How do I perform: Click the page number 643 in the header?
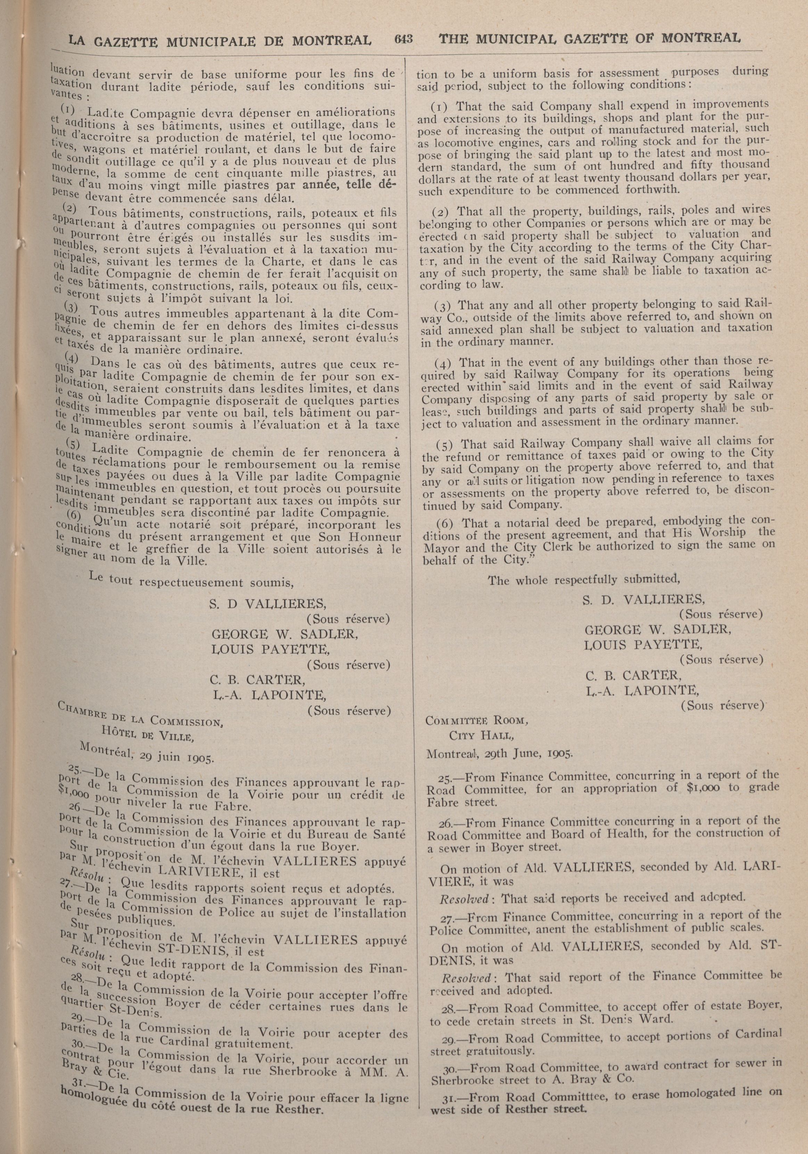tap(403, 39)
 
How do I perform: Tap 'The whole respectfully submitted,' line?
tap(583, 579)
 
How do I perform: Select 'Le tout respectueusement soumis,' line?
tap(191, 581)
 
